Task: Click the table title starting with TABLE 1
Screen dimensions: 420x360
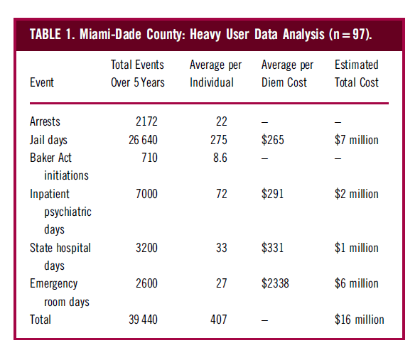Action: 200,34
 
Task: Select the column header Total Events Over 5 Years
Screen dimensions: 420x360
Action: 138,74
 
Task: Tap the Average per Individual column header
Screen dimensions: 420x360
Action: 215,74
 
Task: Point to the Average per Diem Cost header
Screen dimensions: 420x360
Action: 287,74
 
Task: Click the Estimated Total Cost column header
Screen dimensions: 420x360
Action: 357,74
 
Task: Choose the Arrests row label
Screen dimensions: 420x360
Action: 45,121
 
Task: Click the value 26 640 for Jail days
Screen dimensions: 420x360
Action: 143,140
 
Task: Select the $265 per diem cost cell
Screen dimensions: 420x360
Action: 273,140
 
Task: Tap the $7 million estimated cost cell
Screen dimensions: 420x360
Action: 357,140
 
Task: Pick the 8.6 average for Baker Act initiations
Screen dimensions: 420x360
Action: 220,158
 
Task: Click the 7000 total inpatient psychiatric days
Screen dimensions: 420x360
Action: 146,194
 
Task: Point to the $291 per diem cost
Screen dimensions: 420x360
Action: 272,194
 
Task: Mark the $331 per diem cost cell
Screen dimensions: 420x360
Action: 272,248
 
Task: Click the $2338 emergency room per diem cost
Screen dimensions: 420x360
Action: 275,283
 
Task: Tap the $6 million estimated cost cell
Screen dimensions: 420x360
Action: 357,283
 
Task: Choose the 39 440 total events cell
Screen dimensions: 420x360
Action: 143,320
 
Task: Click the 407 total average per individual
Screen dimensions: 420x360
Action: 219,320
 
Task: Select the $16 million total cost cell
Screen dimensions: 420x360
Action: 359,320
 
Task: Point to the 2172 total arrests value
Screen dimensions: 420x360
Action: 146,121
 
